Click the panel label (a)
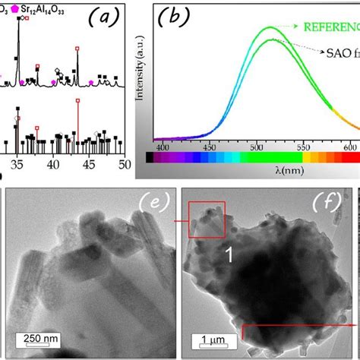point(100,17)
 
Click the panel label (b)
point(173,19)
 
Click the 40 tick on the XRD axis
point(53,166)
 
